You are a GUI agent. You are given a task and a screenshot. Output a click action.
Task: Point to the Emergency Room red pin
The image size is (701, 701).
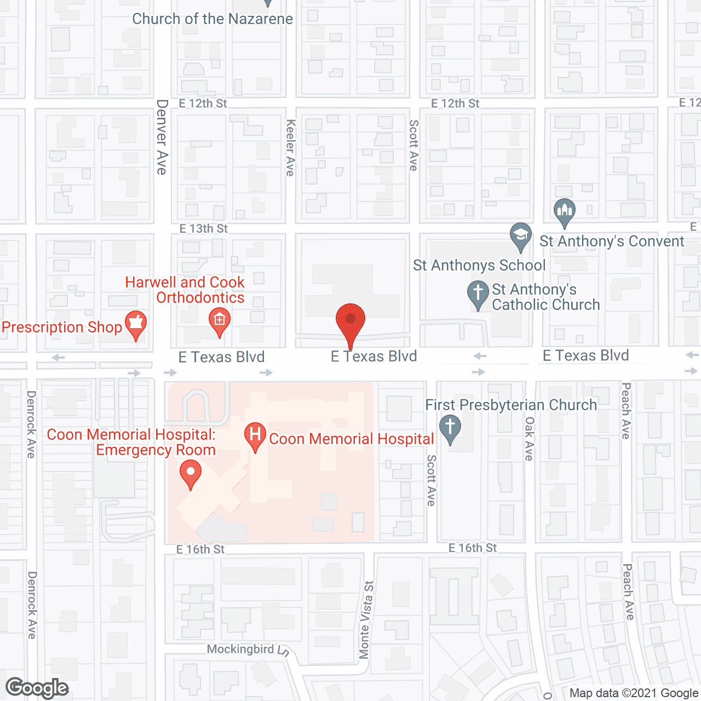191,473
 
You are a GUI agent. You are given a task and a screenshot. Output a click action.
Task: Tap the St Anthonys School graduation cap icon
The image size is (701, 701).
520,236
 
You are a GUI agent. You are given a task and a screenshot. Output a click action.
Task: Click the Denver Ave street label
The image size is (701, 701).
162,137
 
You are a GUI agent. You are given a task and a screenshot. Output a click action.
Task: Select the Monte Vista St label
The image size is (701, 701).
365,619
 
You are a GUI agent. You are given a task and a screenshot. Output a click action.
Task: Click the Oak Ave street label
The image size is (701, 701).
529,438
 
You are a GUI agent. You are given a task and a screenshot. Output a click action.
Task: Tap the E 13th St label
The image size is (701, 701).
204,228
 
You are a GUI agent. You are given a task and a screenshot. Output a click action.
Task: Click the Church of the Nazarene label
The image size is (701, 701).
212,19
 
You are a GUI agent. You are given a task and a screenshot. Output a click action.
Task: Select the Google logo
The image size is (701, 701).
37,688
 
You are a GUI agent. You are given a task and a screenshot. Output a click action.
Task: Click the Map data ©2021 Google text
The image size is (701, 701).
634,693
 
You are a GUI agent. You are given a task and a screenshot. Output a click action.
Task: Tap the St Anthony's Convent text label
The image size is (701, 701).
612,241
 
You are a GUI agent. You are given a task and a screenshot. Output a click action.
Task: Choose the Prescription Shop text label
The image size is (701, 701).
62,327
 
